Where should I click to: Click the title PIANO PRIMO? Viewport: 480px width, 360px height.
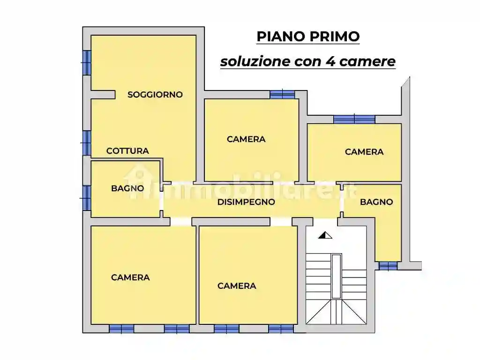tap(308, 37)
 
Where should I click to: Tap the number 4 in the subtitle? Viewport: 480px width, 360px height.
tap(327, 61)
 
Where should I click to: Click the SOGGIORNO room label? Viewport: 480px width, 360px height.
tap(155, 95)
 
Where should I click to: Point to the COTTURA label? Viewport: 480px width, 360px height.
tap(127, 151)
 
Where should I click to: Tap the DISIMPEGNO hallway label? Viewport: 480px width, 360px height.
tap(246, 202)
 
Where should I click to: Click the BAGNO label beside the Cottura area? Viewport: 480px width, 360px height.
tap(127, 188)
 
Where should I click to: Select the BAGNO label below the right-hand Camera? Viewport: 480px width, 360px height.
tap(376, 202)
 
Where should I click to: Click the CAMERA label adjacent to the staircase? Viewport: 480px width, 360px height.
tap(237, 286)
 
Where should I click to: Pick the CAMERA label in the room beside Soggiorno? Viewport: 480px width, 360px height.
tap(246, 139)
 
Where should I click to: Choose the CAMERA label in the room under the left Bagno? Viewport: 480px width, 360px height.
tap(130, 277)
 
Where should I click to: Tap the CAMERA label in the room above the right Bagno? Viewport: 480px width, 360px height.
tap(364, 152)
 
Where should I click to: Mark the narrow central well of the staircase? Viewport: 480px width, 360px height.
tap(336, 277)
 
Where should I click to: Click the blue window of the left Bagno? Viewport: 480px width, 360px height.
tap(86, 198)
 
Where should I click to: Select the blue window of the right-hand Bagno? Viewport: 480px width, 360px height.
tap(388, 266)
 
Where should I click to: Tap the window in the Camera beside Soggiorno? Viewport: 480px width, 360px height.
tap(282, 94)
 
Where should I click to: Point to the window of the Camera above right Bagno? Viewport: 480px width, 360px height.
tap(354, 119)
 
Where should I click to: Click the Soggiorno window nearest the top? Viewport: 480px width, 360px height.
tap(86, 62)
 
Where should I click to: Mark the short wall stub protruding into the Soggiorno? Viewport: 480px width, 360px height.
tap(103, 95)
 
